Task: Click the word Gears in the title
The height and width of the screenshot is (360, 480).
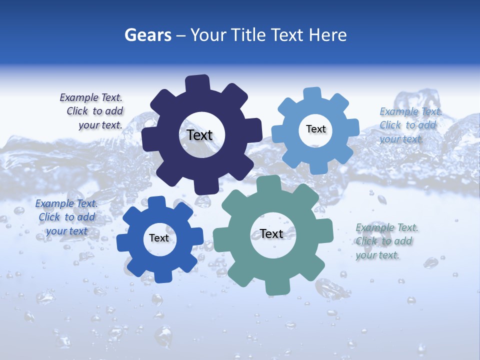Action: pyautogui.click(x=147, y=35)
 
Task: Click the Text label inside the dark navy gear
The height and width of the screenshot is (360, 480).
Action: pyautogui.click(x=199, y=135)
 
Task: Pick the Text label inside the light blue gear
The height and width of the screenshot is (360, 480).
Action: pyautogui.click(x=315, y=129)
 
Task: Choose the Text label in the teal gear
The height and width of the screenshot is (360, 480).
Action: pyautogui.click(x=271, y=233)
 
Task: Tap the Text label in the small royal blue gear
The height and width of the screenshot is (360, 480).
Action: pyautogui.click(x=159, y=238)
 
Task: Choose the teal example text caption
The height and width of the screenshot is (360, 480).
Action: pyautogui.click(x=385, y=241)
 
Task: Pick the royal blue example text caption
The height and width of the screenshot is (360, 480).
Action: pyautogui.click(x=66, y=217)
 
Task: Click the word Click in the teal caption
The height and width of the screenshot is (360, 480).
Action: pyautogui.click(x=366, y=241)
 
